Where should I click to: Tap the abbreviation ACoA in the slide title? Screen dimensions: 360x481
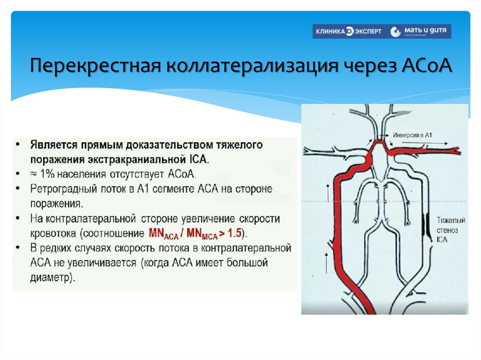(427, 65)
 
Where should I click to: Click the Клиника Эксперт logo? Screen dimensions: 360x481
(348, 32)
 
